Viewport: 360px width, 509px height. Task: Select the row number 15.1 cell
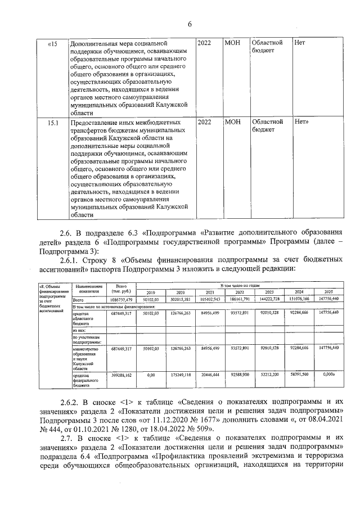(53, 122)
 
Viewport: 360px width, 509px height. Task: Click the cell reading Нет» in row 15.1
(305, 122)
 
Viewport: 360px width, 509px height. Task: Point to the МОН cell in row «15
(232, 43)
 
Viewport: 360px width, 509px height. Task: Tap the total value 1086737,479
(121, 300)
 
